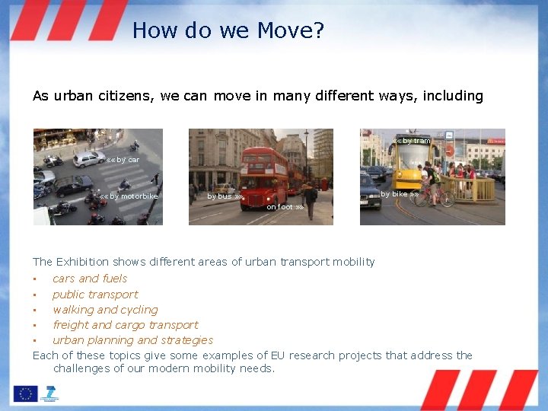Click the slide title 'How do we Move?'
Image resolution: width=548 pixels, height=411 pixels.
pyautogui.click(x=228, y=30)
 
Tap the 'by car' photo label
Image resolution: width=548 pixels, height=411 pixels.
pyautogui.click(x=123, y=160)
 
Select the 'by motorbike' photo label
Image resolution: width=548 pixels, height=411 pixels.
pyautogui.click(x=129, y=196)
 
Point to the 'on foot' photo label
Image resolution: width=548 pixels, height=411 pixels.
pyautogui.click(x=285, y=207)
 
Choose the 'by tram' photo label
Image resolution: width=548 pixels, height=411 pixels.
pyautogui.click(x=414, y=141)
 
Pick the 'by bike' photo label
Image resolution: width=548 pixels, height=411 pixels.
pyautogui.click(x=399, y=194)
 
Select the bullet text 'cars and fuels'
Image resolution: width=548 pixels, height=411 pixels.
pyautogui.click(x=90, y=279)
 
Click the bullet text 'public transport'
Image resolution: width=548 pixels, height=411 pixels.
pyautogui.click(x=95, y=295)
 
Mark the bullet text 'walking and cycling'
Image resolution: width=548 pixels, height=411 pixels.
pyautogui.click(x=105, y=310)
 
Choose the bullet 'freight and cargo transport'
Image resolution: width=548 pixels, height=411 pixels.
pyautogui.click(x=125, y=325)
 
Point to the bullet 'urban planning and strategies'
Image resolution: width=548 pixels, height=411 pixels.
pyautogui.click(x=132, y=340)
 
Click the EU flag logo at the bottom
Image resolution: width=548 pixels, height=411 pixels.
pyautogui.click(x=24, y=393)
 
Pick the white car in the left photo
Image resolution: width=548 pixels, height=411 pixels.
pyautogui.click(x=89, y=158)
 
